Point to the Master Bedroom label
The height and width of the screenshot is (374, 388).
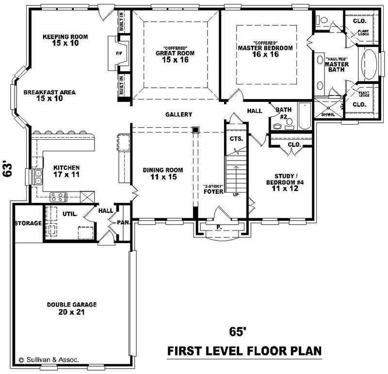click(x=265, y=48)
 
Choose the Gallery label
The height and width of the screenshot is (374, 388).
click(x=178, y=114)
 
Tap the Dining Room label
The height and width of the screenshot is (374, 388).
click(x=162, y=170)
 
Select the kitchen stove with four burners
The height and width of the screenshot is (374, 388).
click(x=59, y=197)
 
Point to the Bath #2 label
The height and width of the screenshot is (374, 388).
click(x=284, y=113)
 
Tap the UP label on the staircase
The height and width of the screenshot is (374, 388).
click(x=236, y=195)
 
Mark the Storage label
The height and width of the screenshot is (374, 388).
click(x=27, y=223)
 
